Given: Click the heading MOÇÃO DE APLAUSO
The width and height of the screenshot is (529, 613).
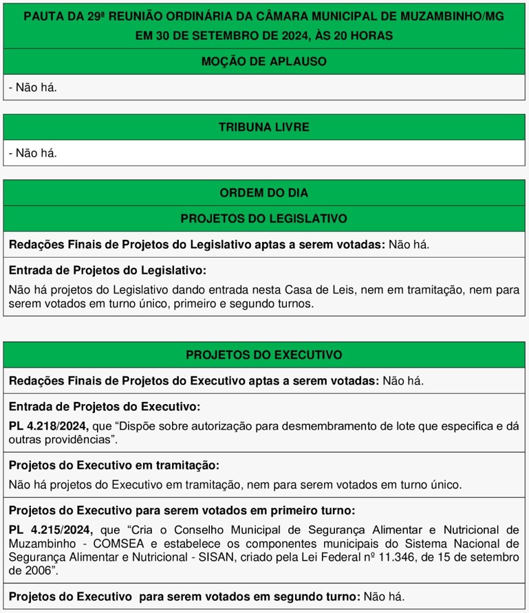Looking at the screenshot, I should click(x=263, y=61).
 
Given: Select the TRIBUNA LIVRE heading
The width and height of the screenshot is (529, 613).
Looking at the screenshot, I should click(x=263, y=127).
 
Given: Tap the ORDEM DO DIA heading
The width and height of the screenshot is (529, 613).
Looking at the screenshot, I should click(x=263, y=193).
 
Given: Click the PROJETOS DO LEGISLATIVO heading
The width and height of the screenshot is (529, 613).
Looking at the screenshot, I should click(x=263, y=219).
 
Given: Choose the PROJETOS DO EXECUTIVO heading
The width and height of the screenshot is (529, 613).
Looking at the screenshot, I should click(x=263, y=355).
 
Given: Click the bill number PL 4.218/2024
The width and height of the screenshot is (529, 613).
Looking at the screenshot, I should click(x=48, y=425).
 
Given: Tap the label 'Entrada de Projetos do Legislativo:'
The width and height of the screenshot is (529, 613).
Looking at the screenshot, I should click(x=107, y=271).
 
